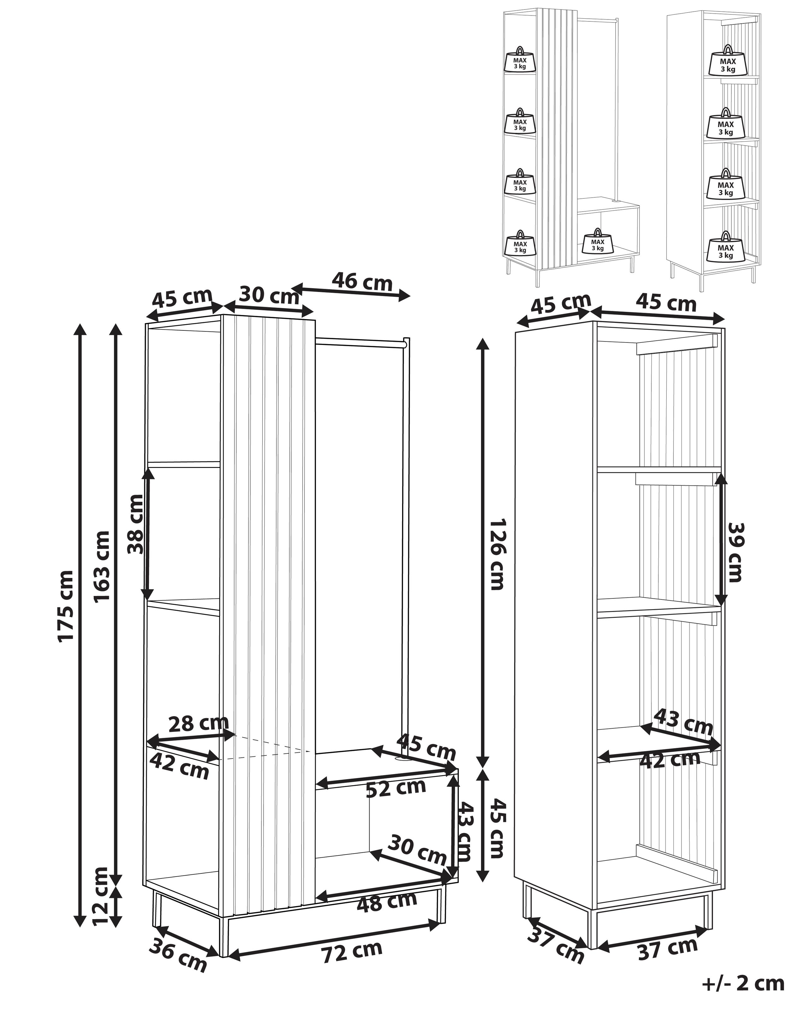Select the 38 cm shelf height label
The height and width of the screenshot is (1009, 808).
[x=136, y=524]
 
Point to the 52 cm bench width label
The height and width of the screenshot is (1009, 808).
[x=396, y=788]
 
